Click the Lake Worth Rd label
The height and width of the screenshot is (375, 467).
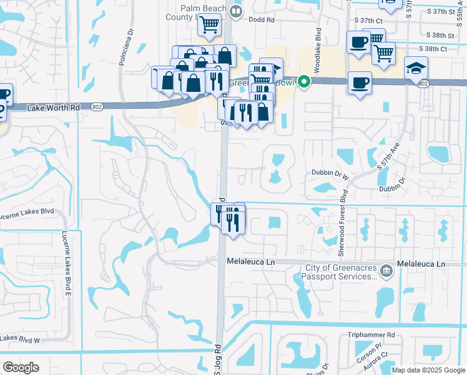click(x=54, y=108)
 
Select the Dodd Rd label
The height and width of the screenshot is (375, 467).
click(x=262, y=20)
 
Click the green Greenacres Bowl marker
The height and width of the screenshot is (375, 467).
click(x=304, y=81)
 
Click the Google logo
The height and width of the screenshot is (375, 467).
click(x=21, y=367)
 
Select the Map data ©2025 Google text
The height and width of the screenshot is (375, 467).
click(x=428, y=370)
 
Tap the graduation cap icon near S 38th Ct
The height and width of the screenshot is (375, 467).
click(x=416, y=67)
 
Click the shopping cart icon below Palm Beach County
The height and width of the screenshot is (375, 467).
click(x=210, y=25)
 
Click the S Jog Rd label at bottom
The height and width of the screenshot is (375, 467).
click(x=219, y=359)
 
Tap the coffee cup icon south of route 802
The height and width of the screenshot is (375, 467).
click(x=359, y=83)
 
